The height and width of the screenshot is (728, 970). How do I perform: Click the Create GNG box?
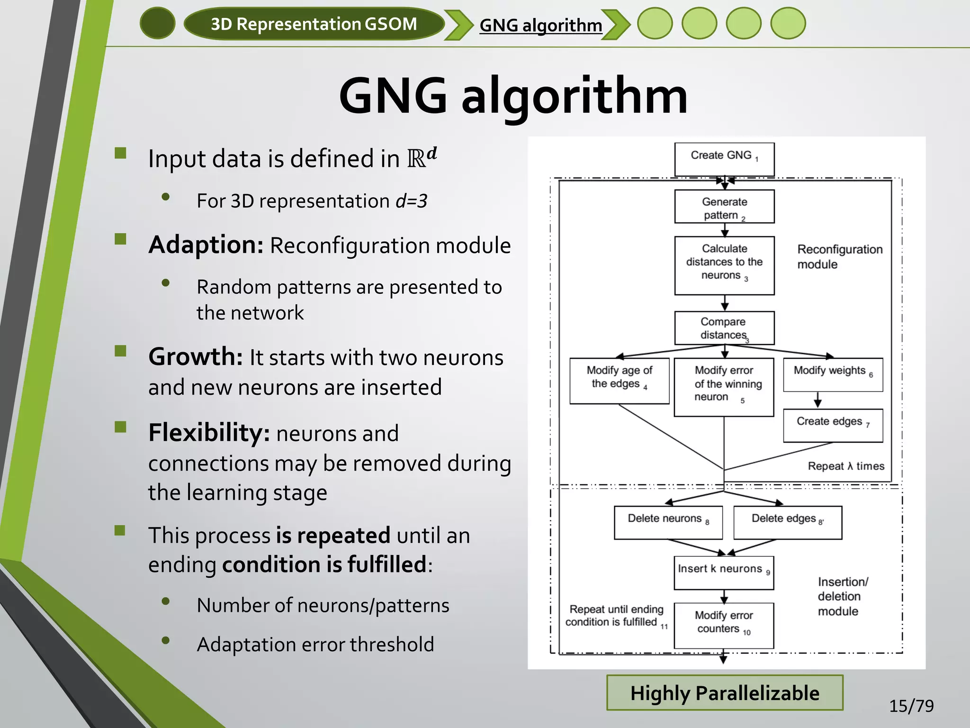click(724, 159)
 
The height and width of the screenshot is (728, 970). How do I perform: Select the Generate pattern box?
click(724, 207)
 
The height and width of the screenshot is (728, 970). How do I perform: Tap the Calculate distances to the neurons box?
click(724, 265)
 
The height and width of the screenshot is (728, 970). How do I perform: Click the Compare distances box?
click(724, 328)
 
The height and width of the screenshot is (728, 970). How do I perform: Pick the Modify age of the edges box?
click(619, 381)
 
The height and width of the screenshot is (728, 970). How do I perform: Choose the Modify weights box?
click(833, 374)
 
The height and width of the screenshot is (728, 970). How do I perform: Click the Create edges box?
click(833, 425)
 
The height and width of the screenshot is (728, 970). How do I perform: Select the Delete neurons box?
click(668, 522)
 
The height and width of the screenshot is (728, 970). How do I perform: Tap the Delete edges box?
click(787, 522)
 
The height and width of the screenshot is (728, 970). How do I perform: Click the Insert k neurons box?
click(723, 573)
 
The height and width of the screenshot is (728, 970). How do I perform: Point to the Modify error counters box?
click(723, 625)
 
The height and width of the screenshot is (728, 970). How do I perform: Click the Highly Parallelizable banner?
click(725, 692)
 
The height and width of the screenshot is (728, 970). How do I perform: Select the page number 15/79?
click(911, 706)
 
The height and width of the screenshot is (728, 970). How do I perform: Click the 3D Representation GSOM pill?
click(314, 24)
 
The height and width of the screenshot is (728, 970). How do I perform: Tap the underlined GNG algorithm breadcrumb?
click(540, 25)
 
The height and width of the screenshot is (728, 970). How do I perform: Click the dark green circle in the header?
click(158, 23)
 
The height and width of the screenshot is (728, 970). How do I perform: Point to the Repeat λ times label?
click(846, 466)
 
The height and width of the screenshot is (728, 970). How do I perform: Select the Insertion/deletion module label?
click(842, 596)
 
